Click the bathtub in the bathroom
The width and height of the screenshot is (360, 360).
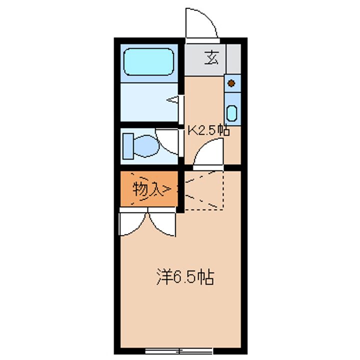pos(148,62)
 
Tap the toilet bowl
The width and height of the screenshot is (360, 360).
pos(146,146)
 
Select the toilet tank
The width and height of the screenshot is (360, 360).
pos(128,146)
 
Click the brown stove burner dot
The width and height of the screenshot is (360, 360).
pos(231,83)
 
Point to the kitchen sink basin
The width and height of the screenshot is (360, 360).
pos(231,113)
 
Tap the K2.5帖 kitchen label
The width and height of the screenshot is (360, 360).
pos(208,130)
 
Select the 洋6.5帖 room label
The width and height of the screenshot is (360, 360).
pos(185,276)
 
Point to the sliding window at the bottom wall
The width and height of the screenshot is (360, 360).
pos(179,351)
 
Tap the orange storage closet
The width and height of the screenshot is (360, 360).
pos(149,188)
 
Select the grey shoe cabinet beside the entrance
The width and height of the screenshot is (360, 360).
pos(233,59)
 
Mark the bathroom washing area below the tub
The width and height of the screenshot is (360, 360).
pos(149,102)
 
